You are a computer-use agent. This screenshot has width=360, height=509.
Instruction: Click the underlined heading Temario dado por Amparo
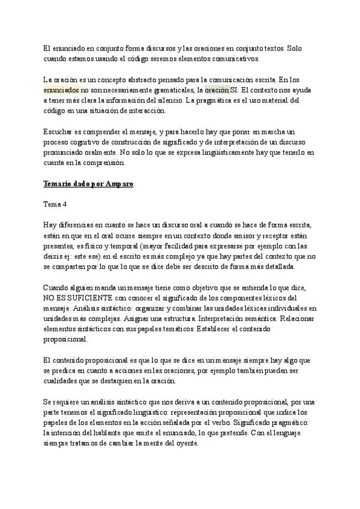coord(90,183)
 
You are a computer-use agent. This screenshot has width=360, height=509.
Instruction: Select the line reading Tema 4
coord(55,204)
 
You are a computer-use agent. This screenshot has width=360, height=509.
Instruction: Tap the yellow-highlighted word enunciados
coord(62,89)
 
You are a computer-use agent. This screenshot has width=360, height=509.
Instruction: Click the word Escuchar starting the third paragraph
coord(59,131)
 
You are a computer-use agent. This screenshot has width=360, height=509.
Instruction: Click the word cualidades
coord(62,381)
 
